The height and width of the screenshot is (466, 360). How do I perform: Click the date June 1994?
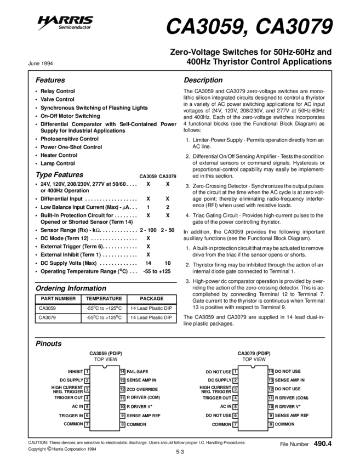point(41,63)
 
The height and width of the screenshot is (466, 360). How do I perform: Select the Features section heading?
point(50,80)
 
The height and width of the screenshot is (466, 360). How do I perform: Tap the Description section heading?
point(203,80)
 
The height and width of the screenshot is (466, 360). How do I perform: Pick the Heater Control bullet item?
point(59,155)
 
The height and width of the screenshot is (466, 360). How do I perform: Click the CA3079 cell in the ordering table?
point(48,317)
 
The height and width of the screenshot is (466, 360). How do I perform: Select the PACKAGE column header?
point(152,299)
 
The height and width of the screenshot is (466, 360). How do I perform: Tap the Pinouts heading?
point(49,344)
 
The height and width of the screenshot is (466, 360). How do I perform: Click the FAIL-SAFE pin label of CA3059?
point(138,371)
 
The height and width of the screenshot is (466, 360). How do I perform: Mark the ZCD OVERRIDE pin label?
point(142,389)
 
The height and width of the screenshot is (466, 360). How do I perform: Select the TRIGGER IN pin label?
point(71,415)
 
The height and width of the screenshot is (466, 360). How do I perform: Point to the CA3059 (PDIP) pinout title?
point(106,353)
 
